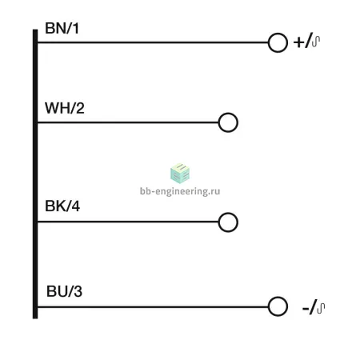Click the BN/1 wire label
(62, 28)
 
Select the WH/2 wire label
(65, 108)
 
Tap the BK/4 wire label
(62, 206)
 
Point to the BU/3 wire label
(64, 291)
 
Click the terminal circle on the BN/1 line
(278, 33)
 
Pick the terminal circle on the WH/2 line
(228, 113)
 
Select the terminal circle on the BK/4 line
(228, 213)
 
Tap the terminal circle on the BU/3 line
(278, 297)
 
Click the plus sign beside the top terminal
(299, 42)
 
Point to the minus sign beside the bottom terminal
(306, 309)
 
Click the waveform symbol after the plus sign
(316, 42)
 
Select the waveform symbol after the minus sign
(321, 308)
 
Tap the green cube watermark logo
(180, 173)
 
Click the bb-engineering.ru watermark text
(180, 191)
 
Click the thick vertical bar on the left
(35, 174)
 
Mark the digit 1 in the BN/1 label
(76, 28)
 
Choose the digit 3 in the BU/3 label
(78, 291)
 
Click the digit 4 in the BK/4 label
(75, 206)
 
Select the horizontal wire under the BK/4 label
(128, 222)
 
